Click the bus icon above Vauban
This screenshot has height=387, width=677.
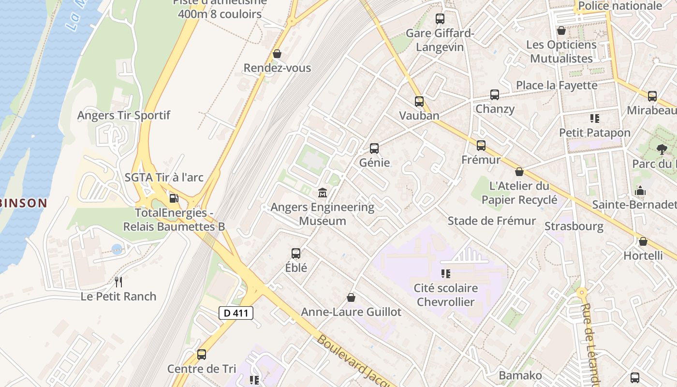419,102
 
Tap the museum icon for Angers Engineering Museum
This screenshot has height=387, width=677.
323,193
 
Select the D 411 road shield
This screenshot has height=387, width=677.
236,313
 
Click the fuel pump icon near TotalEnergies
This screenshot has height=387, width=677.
173,198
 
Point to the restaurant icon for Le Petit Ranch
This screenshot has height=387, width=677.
118,282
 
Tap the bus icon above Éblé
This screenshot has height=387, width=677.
296,253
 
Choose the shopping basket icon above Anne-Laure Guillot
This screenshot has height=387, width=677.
351,298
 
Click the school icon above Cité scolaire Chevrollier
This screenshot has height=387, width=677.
446,274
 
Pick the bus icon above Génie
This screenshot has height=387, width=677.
374,148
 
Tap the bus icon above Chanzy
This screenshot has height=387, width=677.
495,94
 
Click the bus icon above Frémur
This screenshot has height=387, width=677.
481,145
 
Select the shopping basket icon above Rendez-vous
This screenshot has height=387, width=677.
277,53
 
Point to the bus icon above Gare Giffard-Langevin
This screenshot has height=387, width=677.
440,19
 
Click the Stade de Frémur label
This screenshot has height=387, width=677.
491,221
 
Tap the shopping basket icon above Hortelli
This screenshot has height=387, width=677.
643,241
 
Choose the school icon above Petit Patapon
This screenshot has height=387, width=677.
595,118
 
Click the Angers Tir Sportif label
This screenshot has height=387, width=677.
124,116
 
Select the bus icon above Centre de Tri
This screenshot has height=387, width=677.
202,355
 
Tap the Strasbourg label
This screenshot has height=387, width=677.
574,226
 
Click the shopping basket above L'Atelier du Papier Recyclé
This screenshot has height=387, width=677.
519,172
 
